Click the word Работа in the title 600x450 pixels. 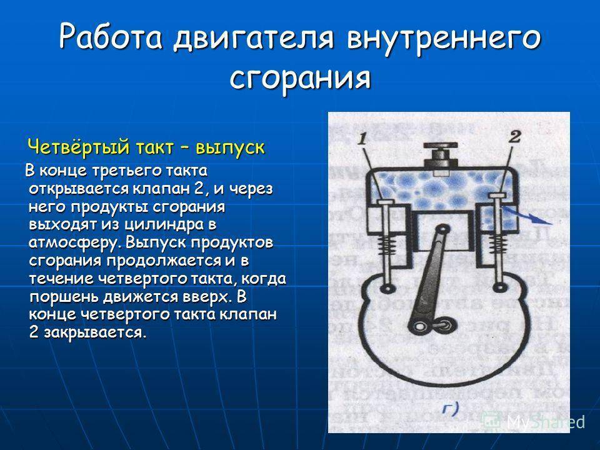pyautogui.click(x=111, y=36)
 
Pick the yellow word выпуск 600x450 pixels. pyautogui.click(x=230, y=148)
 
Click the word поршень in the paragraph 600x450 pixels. pyautogui.click(x=62, y=297)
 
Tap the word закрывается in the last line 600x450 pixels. pyautogui.click(x=95, y=332)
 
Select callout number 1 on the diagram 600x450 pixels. pyautogui.click(x=362, y=137)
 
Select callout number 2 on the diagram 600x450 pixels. pyautogui.click(x=516, y=136)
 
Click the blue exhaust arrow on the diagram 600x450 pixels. pyautogui.click(x=528, y=216)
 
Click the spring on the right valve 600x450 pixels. pyautogui.click(x=499, y=243)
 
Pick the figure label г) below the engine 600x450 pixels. pyautogui.click(x=451, y=409)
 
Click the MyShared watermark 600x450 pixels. pyautogui.click(x=534, y=422)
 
